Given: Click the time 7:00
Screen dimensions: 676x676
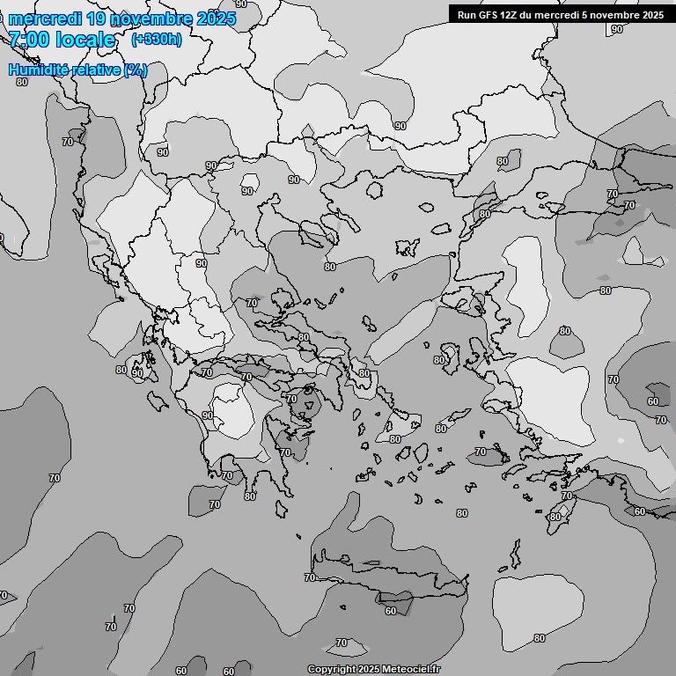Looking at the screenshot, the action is coord(29,40).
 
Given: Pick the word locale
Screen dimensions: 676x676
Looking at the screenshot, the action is coord(85,40).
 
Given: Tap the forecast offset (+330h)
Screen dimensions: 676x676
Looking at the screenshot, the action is coord(156,40).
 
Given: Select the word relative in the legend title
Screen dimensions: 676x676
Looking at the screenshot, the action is coord(93,70).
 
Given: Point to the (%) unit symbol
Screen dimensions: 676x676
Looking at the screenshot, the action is coord(136,70).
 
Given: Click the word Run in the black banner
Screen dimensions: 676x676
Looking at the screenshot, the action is coord(467,14).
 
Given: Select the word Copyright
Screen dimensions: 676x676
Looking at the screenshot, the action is coord(333,669).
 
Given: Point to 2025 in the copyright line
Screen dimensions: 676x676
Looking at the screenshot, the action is coord(371,669).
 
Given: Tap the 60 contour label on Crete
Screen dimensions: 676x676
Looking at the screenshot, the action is coord(391,610).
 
